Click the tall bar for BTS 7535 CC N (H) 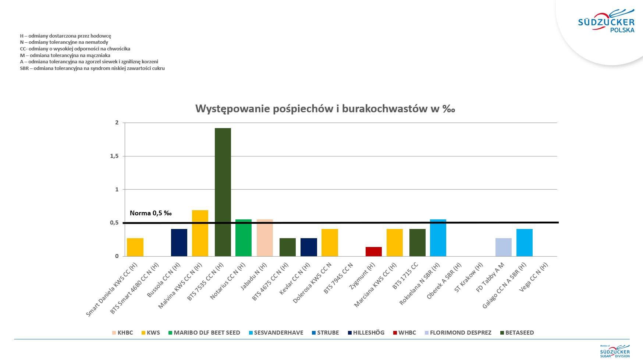point(223,192)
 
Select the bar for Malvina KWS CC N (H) point(200,233)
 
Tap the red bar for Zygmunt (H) point(374,251)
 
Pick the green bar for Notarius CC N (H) point(244,237)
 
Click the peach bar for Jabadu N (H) point(265,237)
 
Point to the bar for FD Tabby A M point(504,247)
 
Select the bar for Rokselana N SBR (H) point(438,237)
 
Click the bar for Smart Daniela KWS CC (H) point(135,247)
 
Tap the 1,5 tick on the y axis point(114,156)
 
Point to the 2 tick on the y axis point(117,123)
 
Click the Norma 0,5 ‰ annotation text point(151,213)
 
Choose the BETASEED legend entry point(517,333)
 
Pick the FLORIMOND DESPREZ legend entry point(458,333)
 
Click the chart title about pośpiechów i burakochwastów point(325,109)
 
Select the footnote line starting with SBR point(92,68)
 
